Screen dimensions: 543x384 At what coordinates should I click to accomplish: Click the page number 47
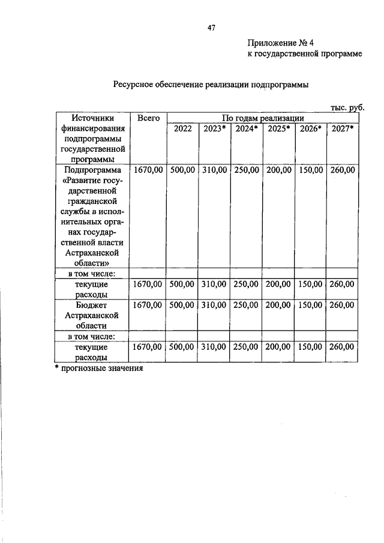211,28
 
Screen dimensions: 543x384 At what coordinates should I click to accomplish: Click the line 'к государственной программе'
304,55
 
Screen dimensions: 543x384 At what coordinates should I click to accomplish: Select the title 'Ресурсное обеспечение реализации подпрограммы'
211,85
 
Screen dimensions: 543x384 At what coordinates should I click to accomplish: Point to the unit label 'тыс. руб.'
347,107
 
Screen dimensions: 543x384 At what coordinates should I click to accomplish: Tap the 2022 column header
182,128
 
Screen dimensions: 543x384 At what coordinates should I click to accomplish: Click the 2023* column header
214,128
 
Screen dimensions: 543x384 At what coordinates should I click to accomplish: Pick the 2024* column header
246,128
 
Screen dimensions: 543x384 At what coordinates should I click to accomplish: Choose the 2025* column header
278,128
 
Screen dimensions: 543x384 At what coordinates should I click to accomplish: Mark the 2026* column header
311,128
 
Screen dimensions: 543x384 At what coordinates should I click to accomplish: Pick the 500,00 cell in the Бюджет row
182,305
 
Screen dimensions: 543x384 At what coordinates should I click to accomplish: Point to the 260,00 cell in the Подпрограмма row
342,170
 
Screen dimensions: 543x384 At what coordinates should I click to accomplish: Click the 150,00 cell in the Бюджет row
310,305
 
